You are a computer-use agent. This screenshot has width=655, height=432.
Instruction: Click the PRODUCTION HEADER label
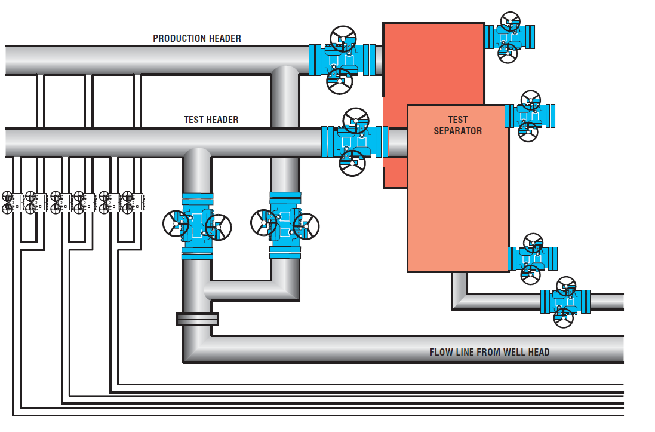pyautogui.click(x=197, y=38)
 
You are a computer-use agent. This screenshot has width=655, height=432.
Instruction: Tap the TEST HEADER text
pyautogui.click(x=211, y=120)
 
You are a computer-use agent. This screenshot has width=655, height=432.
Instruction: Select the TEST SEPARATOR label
pyautogui.click(x=458, y=125)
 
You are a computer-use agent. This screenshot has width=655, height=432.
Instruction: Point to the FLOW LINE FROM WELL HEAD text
pyautogui.click(x=490, y=352)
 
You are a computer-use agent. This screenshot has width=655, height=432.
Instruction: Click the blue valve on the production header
pyautogui.click(x=342, y=60)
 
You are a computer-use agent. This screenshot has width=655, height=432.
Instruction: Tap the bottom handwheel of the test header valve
pyautogui.click(x=352, y=163)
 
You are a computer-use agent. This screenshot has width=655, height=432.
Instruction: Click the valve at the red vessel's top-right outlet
pyautogui.click(x=510, y=37)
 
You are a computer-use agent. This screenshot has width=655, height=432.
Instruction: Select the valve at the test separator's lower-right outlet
pyautogui.click(x=533, y=259)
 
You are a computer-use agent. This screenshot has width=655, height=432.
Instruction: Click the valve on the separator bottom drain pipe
pyautogui.click(x=565, y=302)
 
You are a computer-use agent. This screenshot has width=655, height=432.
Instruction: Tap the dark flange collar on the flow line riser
pyautogui.click(x=197, y=319)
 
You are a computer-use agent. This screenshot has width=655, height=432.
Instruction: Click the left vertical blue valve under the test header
pyautogui.click(x=197, y=226)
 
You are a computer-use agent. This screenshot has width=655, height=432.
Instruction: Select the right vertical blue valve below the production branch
pyautogui.click(x=285, y=225)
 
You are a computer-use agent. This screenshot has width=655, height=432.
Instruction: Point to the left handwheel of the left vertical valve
pyautogui.click(x=176, y=223)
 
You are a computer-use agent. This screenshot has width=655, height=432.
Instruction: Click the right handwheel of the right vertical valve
pyautogui.click(x=306, y=226)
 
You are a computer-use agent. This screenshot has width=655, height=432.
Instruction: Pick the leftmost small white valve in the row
pyautogui.click(x=13, y=203)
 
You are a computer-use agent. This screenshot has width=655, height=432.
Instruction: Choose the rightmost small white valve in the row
pyautogui.click(x=133, y=203)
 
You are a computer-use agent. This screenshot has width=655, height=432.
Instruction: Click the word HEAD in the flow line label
pyautogui.click(x=539, y=352)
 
